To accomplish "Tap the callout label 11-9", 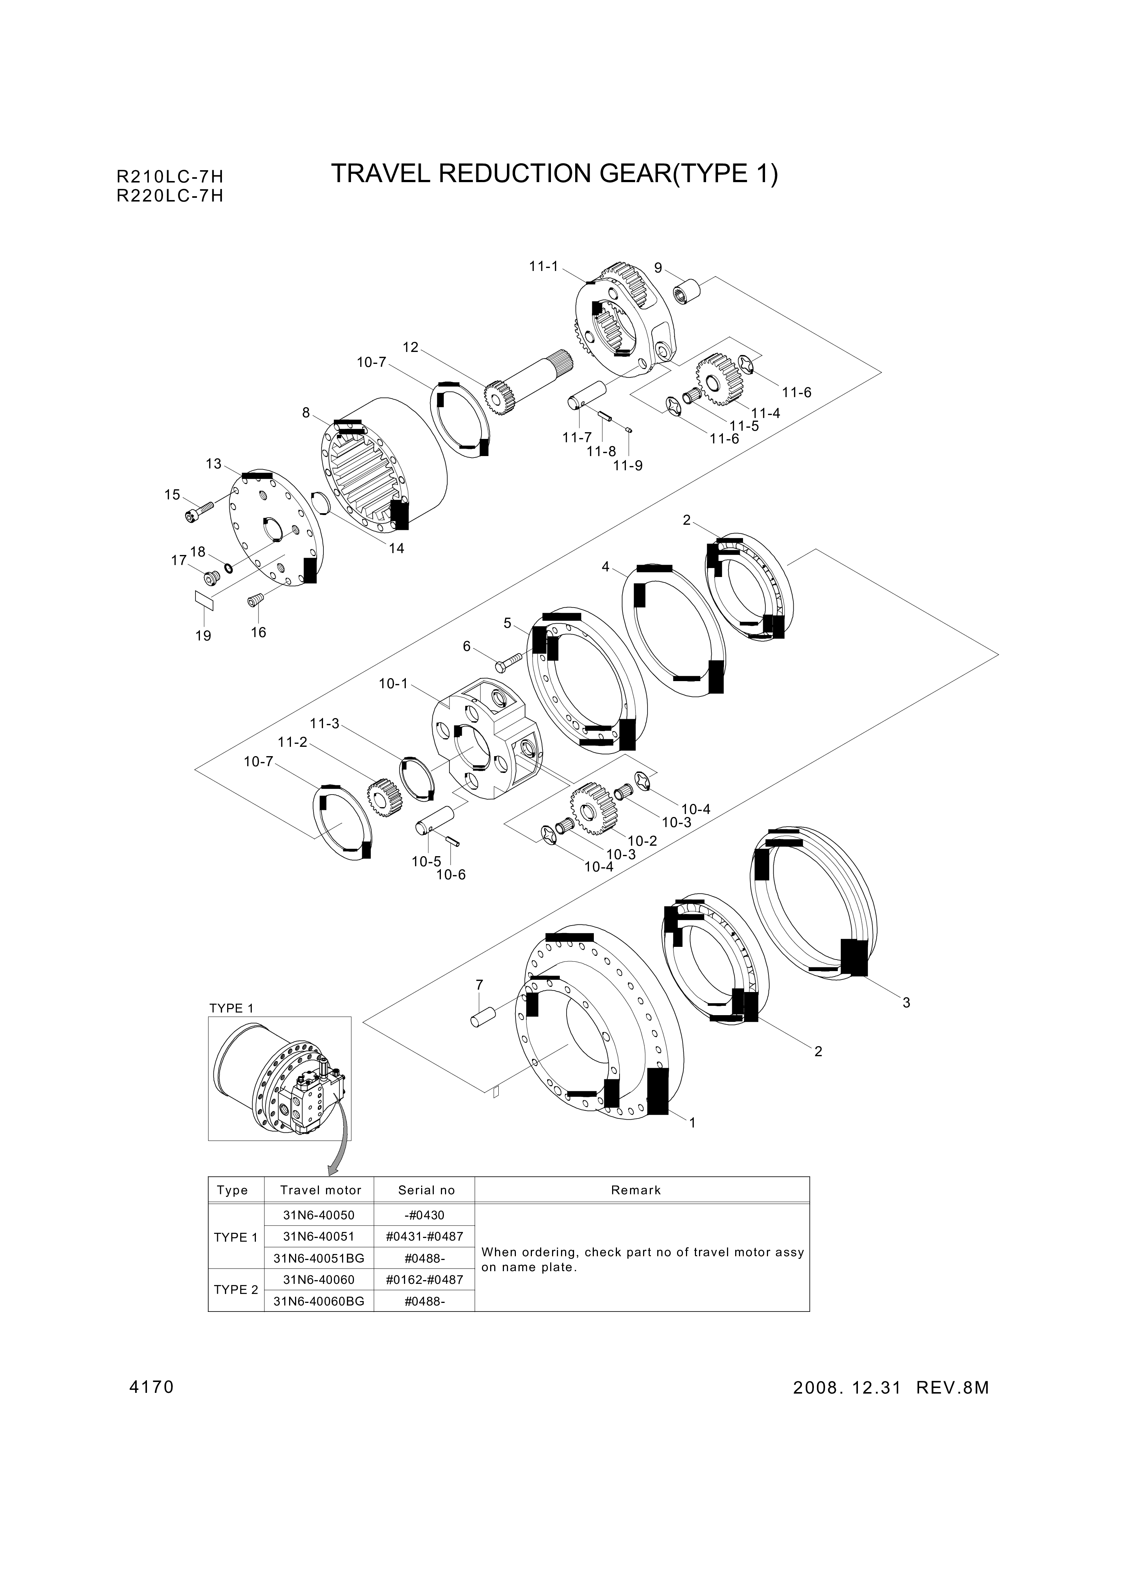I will tap(627, 466).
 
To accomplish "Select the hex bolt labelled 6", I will tap(510, 663).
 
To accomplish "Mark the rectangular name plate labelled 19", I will tap(204, 600).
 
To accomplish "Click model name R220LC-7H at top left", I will tap(170, 196).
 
